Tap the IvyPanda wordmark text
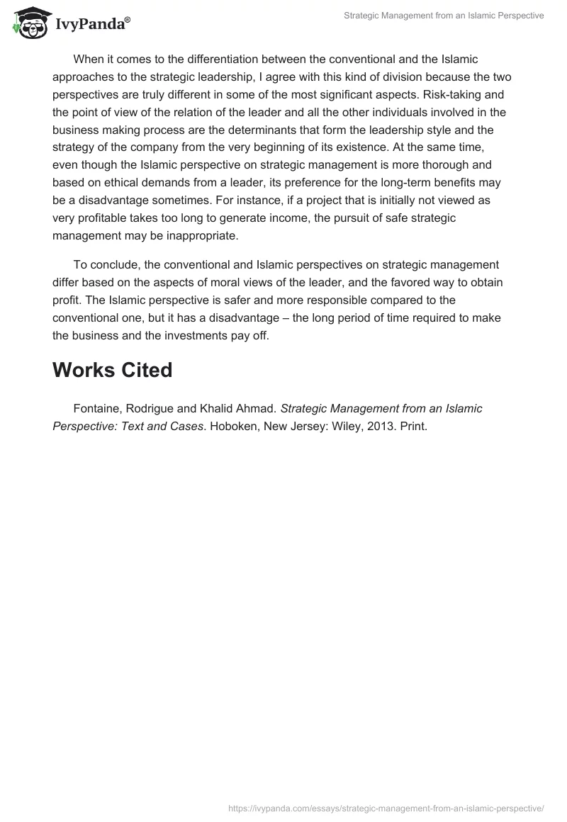coord(91,24)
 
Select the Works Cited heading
coord(112,369)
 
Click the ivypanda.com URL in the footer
coord(386,808)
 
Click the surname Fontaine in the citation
coord(98,408)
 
